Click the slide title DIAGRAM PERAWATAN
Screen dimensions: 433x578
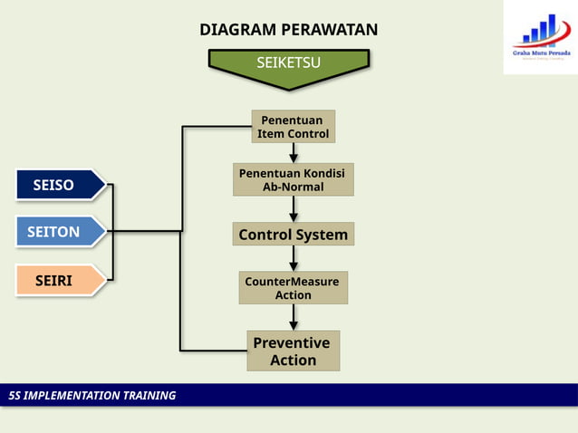click(288, 31)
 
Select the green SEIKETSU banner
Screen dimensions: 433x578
click(288, 64)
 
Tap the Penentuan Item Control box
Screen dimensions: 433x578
click(293, 127)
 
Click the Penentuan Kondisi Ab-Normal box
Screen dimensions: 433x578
click(293, 179)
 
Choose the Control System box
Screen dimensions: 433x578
click(293, 235)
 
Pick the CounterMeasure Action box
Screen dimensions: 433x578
click(293, 288)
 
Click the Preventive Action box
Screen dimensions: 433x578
click(293, 351)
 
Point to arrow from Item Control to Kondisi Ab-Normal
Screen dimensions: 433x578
click(294, 153)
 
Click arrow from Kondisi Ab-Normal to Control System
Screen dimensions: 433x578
click(294, 209)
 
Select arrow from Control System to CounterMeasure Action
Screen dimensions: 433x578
click(294, 259)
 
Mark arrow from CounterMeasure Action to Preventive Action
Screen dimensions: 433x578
click(294, 317)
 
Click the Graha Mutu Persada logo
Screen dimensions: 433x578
click(541, 38)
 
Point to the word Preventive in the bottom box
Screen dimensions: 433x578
click(293, 342)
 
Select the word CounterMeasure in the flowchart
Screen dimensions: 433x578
click(292, 282)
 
